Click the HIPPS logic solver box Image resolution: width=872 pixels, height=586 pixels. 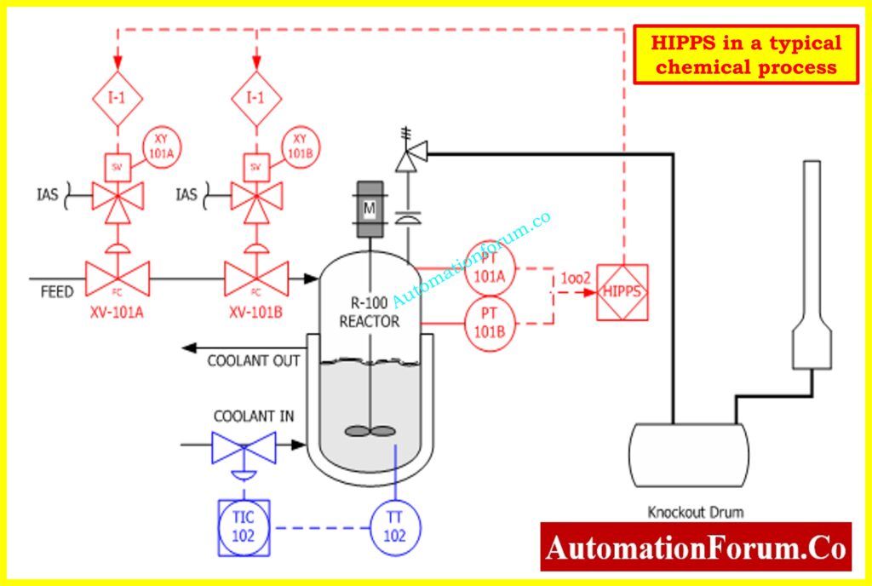click(622, 292)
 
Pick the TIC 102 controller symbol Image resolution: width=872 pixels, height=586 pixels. click(244, 526)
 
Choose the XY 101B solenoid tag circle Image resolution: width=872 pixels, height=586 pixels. click(299, 146)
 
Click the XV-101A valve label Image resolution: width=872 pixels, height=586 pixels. click(117, 312)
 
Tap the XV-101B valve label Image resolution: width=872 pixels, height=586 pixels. click(255, 312)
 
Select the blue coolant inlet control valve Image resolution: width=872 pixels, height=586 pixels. click(244, 445)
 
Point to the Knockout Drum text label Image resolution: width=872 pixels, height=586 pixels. click(695, 512)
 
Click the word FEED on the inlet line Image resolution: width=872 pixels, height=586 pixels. click(58, 291)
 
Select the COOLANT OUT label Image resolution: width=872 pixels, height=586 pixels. click(253, 360)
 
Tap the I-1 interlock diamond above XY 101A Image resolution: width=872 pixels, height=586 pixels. click(118, 97)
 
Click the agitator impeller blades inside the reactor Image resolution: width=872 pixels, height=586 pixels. click(370, 431)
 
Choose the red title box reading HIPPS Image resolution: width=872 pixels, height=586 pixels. click(746, 55)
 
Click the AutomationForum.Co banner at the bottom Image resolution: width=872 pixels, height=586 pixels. click(696, 546)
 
